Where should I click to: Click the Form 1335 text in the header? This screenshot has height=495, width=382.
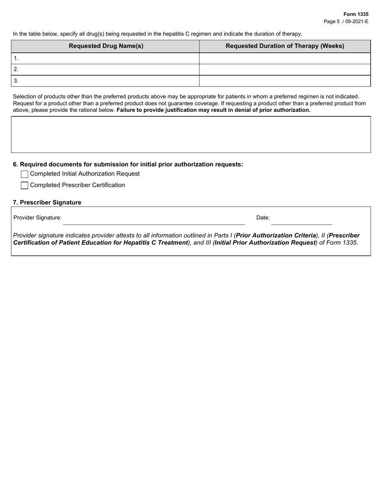pyautogui.click(x=355, y=14)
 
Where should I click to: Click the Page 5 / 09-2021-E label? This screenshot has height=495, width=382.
pyautogui.click(x=346, y=21)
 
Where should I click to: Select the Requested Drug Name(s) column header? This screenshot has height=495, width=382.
pyautogui.click(x=106, y=46)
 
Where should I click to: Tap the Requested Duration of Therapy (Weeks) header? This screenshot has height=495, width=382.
pyautogui.click(x=285, y=46)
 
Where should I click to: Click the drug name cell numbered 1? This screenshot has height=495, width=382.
pyautogui.click(x=106, y=58)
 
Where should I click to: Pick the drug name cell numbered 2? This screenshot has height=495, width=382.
pyautogui.click(x=106, y=69)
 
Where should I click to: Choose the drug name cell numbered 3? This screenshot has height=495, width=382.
pyautogui.click(x=106, y=80)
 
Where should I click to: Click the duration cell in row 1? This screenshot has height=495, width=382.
pyautogui.click(x=285, y=58)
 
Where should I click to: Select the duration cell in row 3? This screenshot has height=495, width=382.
pyautogui.click(x=285, y=80)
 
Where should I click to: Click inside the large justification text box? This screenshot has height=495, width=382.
pyautogui.click(x=191, y=134)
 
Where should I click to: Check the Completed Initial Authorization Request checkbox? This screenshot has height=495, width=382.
pyautogui.click(x=25, y=174)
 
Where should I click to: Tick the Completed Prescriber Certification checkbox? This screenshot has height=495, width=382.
pyautogui.click(x=25, y=186)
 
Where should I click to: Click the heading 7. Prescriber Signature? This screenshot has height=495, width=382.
pyautogui.click(x=47, y=202)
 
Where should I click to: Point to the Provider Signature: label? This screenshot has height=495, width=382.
pyautogui.click(x=37, y=218)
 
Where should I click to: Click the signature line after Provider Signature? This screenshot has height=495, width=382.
pyautogui.click(x=154, y=221)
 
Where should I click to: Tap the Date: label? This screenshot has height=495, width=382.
pyautogui.click(x=263, y=218)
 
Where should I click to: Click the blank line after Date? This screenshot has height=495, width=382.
pyautogui.click(x=302, y=221)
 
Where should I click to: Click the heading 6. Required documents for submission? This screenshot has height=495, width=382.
pyautogui.click(x=128, y=164)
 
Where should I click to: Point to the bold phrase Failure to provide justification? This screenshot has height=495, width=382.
pyautogui.click(x=161, y=110)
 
